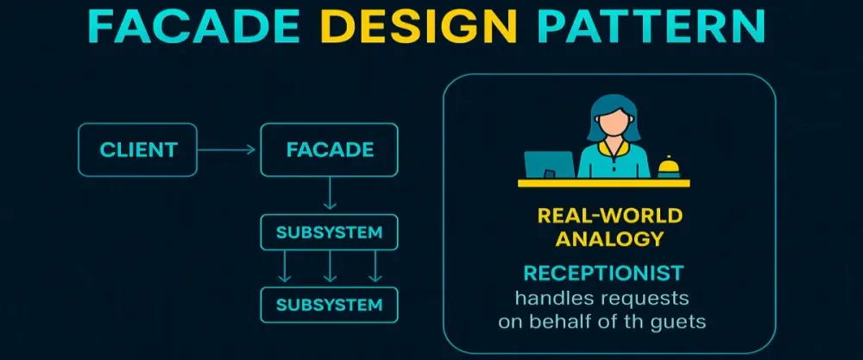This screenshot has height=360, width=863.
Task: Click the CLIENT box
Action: pyautogui.click(x=137, y=149)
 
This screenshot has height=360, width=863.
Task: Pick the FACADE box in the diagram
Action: pyautogui.click(x=329, y=149)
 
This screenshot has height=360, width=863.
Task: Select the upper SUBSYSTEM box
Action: pyautogui.click(x=329, y=233)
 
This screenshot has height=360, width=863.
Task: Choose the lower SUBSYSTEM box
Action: pyautogui.click(x=329, y=305)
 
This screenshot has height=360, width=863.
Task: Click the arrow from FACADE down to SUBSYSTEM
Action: pyautogui.click(x=329, y=195)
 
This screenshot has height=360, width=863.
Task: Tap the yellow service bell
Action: pyautogui.click(x=668, y=167)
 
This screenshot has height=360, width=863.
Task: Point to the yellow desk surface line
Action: pyautogui.click(x=604, y=183)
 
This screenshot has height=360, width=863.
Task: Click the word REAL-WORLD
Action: pyautogui.click(x=609, y=215)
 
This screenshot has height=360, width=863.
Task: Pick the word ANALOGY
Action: pyautogui.click(x=609, y=237)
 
